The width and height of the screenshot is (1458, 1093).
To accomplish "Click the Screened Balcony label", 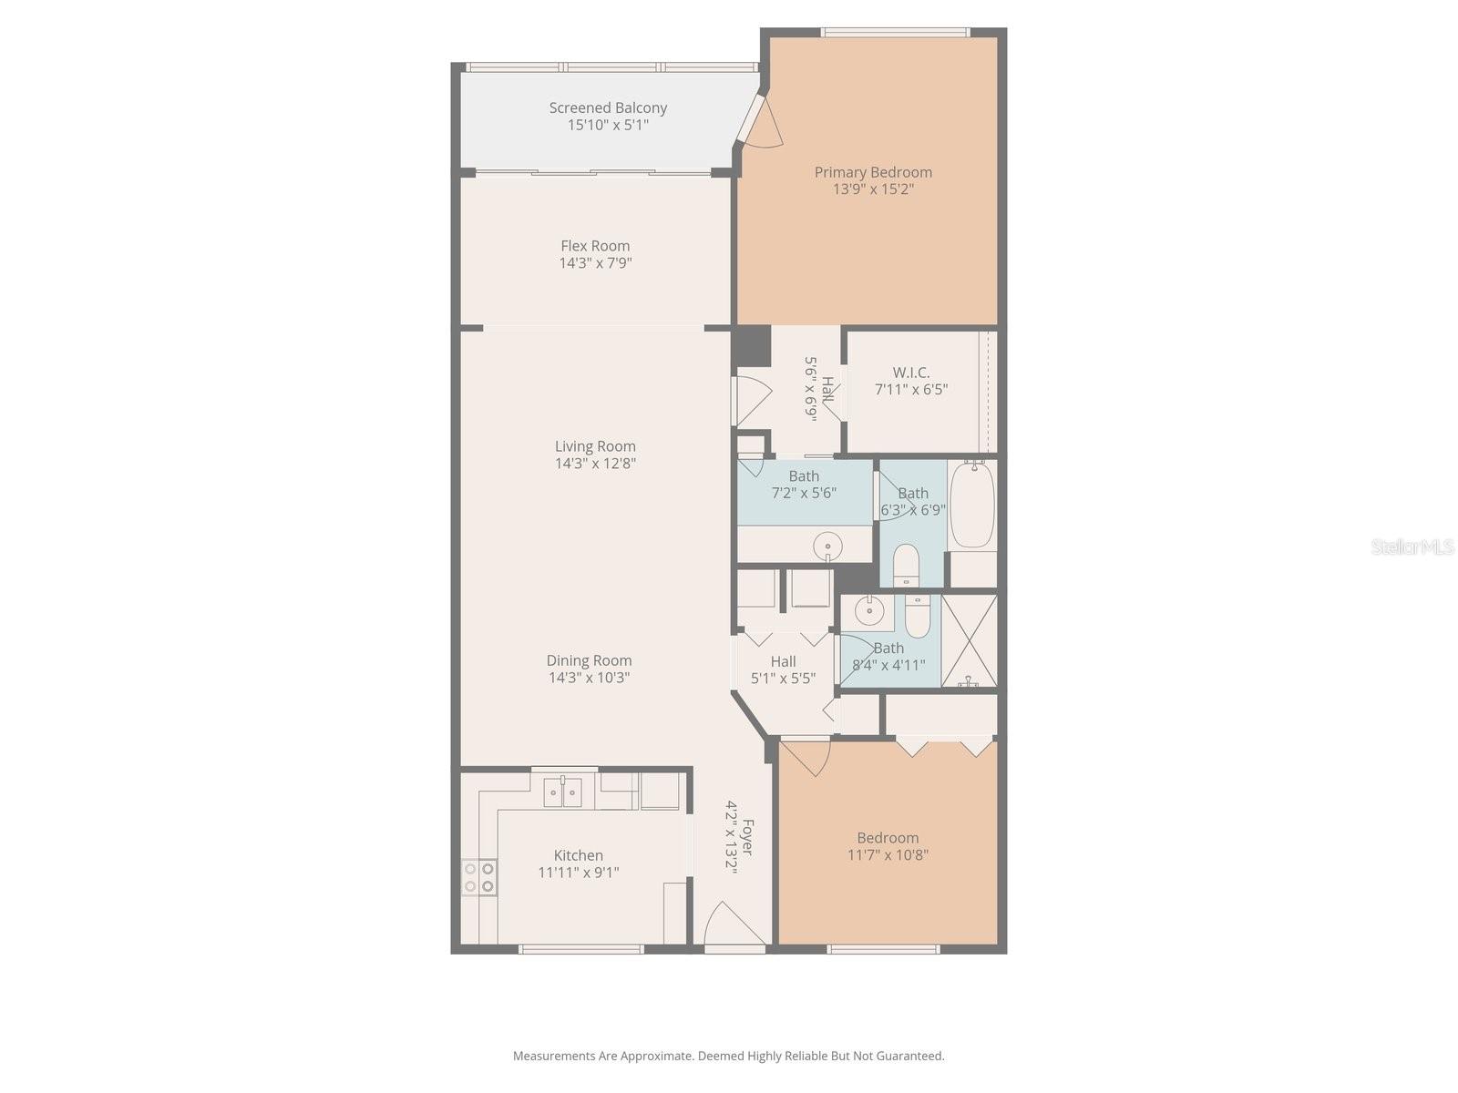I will [x=608, y=107].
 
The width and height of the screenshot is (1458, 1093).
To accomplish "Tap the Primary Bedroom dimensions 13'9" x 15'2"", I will [x=873, y=189].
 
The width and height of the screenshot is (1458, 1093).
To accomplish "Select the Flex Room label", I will [x=595, y=246].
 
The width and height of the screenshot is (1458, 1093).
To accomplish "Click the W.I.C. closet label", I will [x=911, y=373].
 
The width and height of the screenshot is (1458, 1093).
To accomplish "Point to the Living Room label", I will [x=595, y=446].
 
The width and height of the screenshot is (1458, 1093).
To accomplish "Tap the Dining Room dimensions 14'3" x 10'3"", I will [x=589, y=678].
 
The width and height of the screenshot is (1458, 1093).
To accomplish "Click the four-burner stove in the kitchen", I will [x=478, y=876].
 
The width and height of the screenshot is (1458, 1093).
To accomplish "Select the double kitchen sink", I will [x=563, y=792].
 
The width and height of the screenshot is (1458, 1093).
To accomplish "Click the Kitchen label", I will [x=579, y=855].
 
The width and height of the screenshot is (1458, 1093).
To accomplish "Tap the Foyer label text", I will [x=748, y=837].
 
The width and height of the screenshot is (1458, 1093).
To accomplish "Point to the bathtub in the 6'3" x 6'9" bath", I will [x=972, y=505].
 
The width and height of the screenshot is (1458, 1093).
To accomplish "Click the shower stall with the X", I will [x=969, y=639].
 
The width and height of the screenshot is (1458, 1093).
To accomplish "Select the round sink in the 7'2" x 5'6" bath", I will [x=827, y=547].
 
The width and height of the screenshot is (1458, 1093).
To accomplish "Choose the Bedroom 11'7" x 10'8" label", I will [x=888, y=838].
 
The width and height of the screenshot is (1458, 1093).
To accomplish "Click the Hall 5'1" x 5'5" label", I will [x=783, y=662].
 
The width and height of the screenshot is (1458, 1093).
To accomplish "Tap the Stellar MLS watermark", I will [x=1412, y=546].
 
